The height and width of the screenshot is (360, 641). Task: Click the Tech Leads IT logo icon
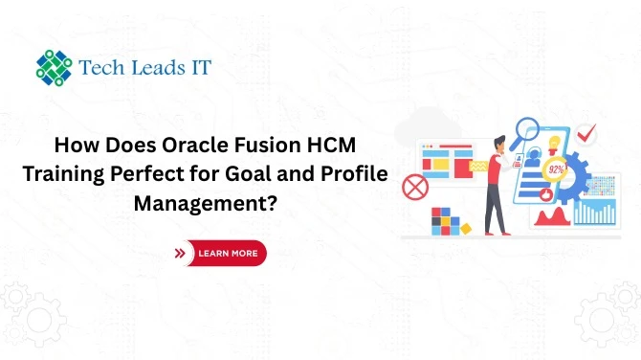tap(54, 67)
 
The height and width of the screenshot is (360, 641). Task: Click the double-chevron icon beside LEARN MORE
tap(180, 254)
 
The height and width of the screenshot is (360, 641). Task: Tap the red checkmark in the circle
tap(586, 134)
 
